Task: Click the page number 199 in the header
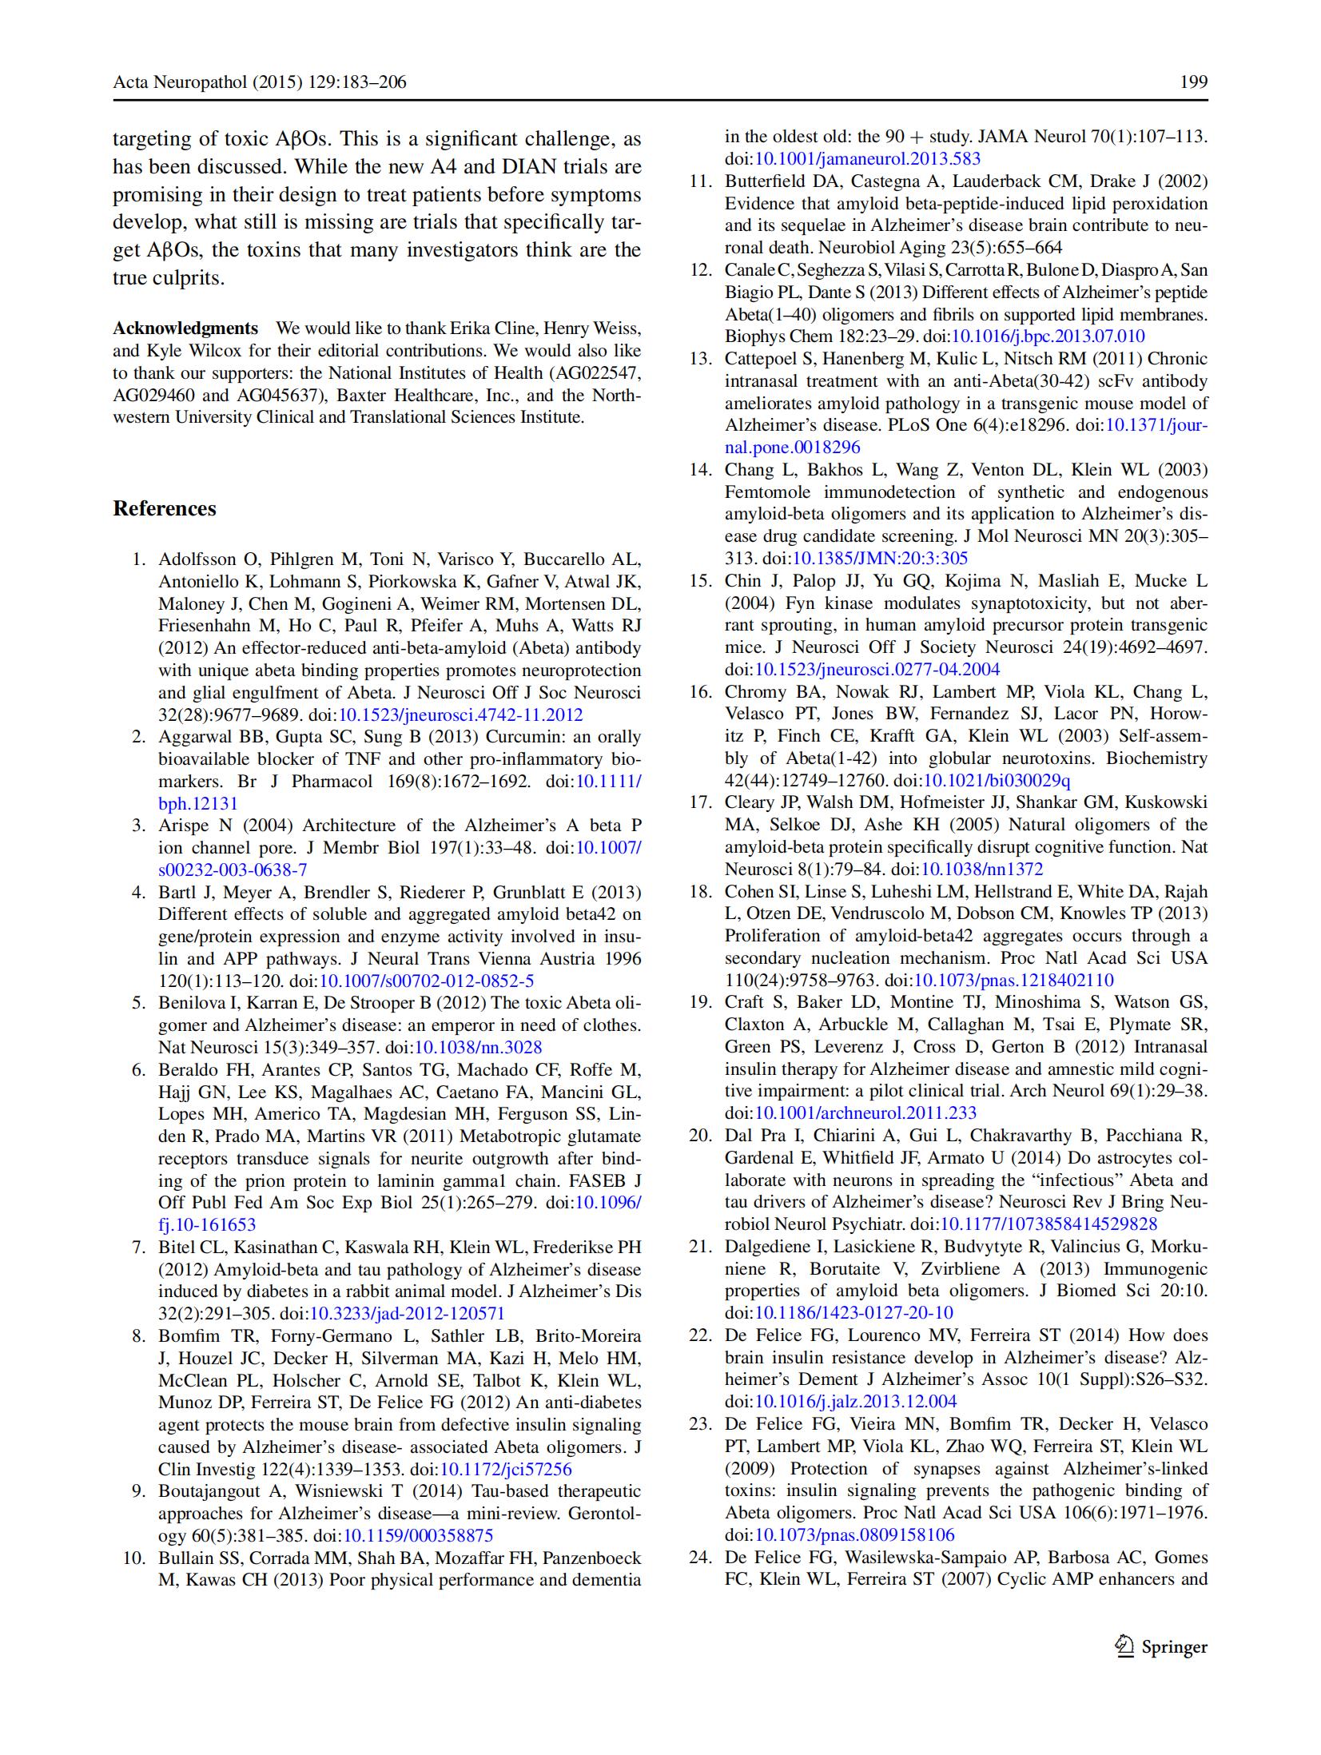(1193, 82)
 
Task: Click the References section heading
(165, 509)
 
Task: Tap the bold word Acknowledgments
(185, 328)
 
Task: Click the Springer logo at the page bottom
(1162, 1647)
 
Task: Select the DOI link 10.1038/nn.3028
(478, 1047)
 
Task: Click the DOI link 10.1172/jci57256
(506, 1469)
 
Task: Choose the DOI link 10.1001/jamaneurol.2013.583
(868, 158)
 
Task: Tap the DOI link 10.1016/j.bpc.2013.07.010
(1048, 336)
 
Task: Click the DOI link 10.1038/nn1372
(982, 869)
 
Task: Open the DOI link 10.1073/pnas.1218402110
(1013, 980)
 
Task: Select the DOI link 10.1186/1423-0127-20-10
(853, 1312)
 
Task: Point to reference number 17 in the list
(701, 802)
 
